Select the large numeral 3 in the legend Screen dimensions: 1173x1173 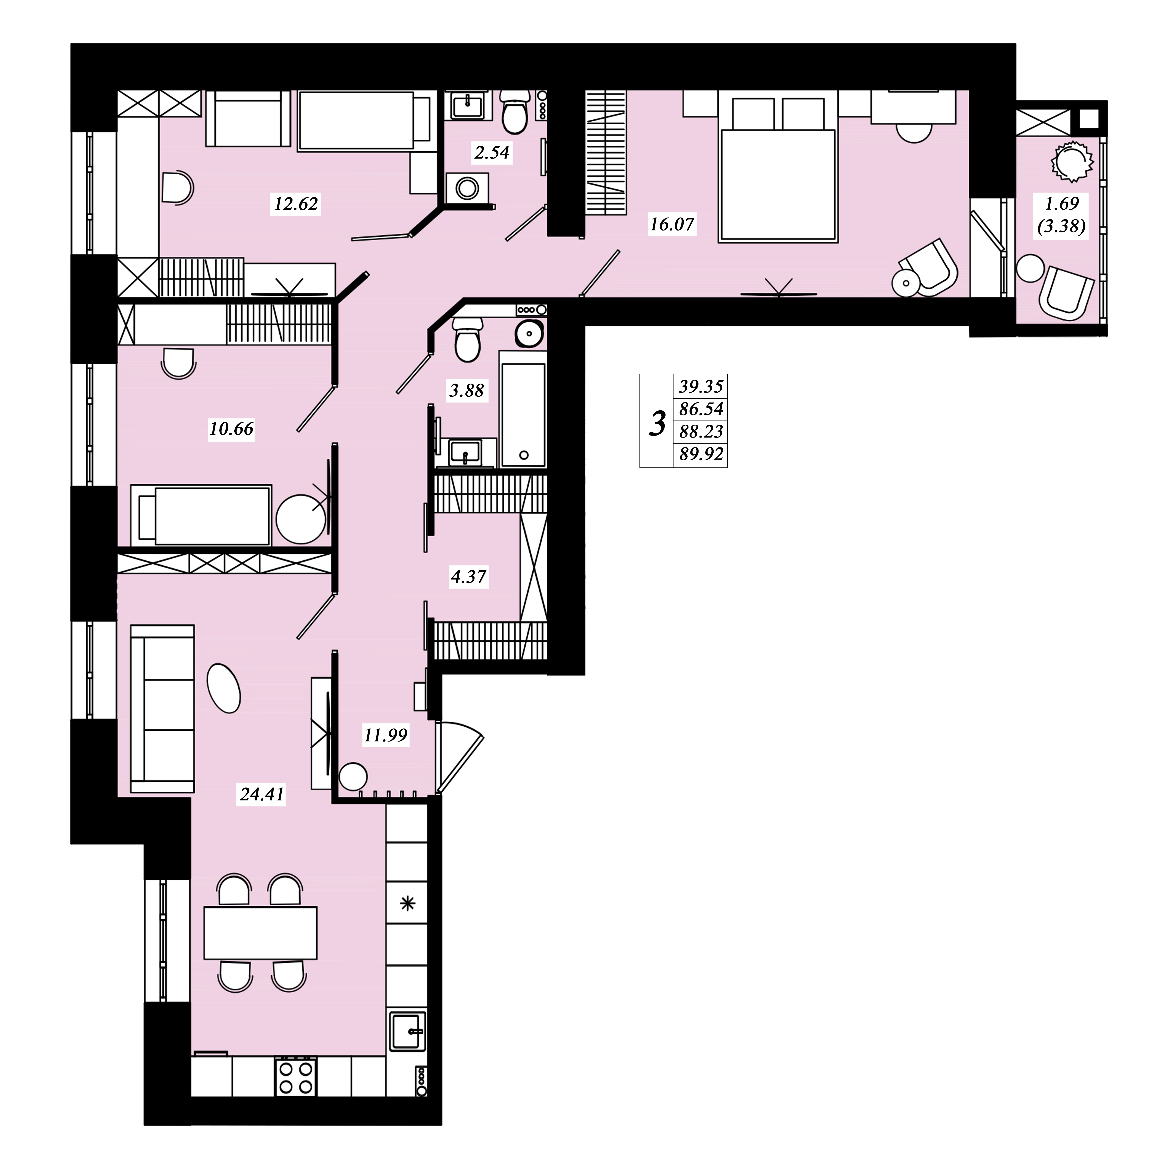click(657, 423)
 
